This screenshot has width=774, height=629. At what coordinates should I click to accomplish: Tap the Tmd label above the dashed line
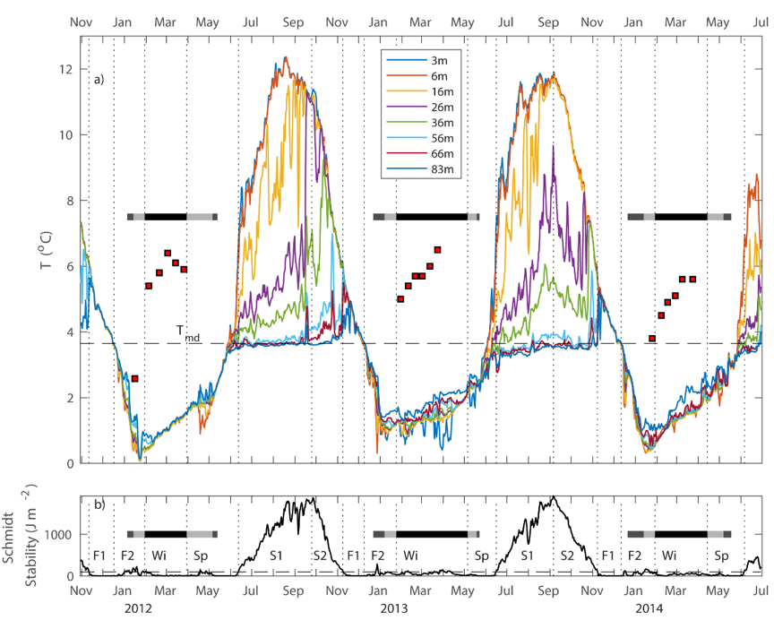[x=190, y=334]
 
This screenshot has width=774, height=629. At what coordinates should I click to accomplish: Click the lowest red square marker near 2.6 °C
[x=134, y=379]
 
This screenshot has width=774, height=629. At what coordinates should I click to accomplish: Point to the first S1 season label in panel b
[x=278, y=556]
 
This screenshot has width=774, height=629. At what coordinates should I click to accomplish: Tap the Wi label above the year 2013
[x=410, y=556]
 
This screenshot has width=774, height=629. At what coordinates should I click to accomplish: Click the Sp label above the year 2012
[x=202, y=556]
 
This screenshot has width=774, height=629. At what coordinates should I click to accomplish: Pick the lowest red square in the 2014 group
[x=652, y=338]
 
